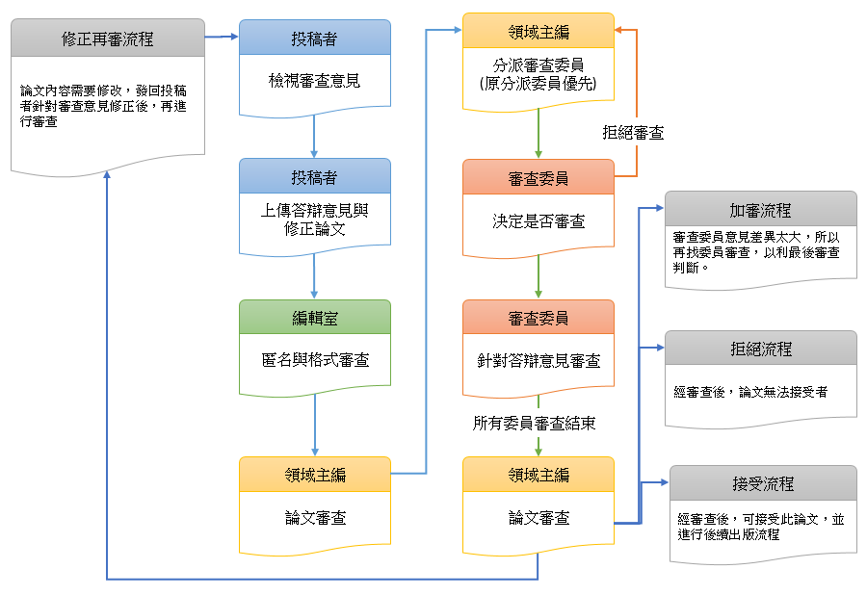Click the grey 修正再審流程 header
tap(108, 39)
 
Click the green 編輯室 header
tap(314, 319)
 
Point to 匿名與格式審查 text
tap(314, 360)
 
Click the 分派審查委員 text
tap(538, 75)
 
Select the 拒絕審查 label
tap(633, 133)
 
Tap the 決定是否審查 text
tap(538, 220)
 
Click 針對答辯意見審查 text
tap(538, 361)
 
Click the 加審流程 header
tap(761, 210)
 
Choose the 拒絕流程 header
tap(761, 349)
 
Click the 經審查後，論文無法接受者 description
tap(751, 392)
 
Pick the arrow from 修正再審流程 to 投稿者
tap(223, 38)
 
